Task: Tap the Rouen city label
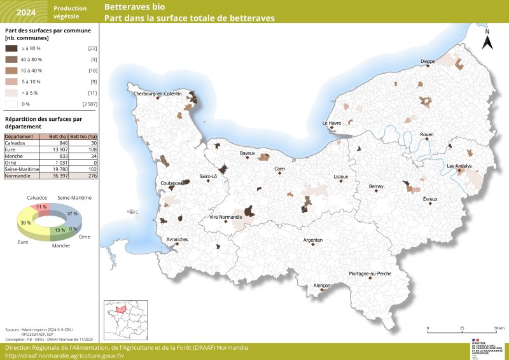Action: pyautogui.click(x=426, y=134)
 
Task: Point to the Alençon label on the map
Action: pyautogui.click(x=323, y=286)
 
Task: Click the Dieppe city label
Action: pyautogui.click(x=428, y=62)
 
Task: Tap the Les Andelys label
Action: pyautogui.click(x=459, y=166)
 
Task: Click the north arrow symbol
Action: pyautogui.click(x=487, y=41)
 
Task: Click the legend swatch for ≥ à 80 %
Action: pyautogui.click(x=11, y=48)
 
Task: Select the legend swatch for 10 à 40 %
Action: pyautogui.click(x=11, y=71)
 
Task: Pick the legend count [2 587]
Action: pyautogui.click(x=89, y=104)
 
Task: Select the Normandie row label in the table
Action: pyautogui.click(x=18, y=176)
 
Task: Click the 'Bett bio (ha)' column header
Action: pyautogui.click(x=83, y=137)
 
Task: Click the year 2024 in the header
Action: pyautogui.click(x=26, y=12)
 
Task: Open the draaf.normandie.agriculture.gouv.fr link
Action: pyautogui.click(x=65, y=356)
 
